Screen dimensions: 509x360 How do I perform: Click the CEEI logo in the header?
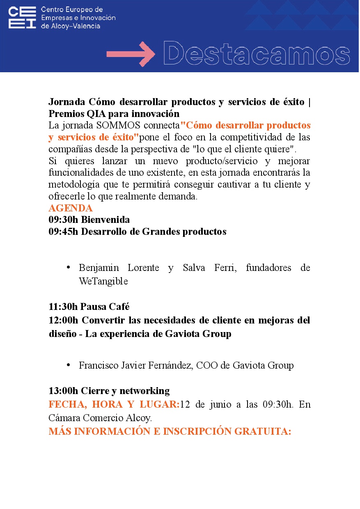click(22, 18)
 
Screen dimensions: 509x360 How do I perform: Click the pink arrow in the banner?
click(131, 54)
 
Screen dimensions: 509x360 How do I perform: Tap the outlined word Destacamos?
click(257, 54)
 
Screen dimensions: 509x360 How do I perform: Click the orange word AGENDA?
click(71, 208)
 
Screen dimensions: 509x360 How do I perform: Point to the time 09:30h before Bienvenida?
click(63, 220)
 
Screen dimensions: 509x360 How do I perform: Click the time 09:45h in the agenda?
click(63, 232)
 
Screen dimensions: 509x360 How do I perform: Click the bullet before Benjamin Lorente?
click(69, 268)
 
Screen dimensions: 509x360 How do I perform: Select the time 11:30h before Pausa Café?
click(63, 306)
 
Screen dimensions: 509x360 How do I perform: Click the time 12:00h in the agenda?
click(63, 320)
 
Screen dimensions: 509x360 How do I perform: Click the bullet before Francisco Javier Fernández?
click(69, 365)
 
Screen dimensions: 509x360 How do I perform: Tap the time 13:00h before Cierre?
click(63, 390)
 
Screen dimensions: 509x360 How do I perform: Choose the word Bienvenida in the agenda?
click(105, 220)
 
